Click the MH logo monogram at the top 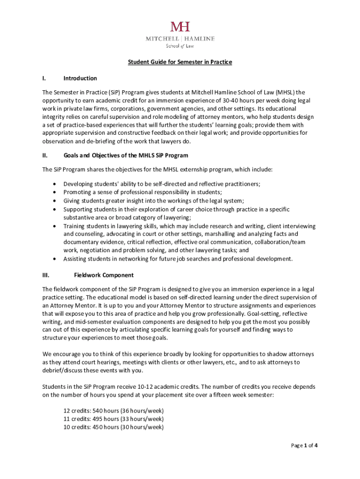(x=180, y=26)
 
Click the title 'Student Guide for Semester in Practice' (x=180, y=62)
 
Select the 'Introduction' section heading (x=80, y=78)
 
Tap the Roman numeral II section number (x=44, y=155)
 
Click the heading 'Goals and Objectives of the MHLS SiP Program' (x=126, y=155)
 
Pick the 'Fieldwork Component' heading (x=104, y=275)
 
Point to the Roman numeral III (x=46, y=275)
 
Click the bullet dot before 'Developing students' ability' (x=56, y=184)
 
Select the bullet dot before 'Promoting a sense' (x=56, y=192)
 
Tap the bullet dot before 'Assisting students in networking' (x=56, y=259)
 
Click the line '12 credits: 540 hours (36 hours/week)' (x=113, y=411)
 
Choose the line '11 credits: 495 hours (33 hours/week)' (x=113, y=419)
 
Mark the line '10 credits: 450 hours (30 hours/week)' (x=113, y=427)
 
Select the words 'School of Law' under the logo (x=180, y=46)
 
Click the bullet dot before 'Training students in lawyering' (x=56, y=226)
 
